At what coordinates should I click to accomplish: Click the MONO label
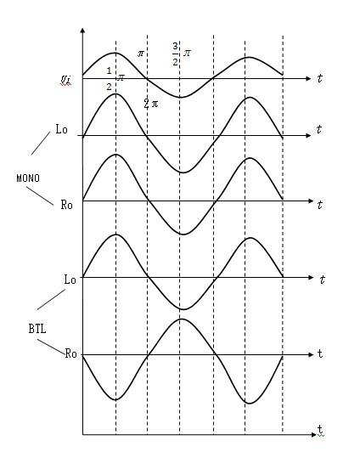coord(28,178)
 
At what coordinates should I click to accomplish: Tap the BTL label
coord(37,329)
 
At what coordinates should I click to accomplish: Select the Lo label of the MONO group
coord(62,129)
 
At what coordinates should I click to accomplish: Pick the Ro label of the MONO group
coord(67,205)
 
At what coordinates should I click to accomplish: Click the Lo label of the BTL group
coord(70,280)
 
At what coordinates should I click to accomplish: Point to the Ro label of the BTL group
coord(70,353)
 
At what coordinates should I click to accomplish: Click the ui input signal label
coord(65,80)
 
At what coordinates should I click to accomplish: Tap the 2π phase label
coord(151,104)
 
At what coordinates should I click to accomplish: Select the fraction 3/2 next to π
coord(175,54)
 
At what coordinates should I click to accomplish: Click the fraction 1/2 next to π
coord(110,79)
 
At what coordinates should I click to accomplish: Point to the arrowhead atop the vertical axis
coord(83,31)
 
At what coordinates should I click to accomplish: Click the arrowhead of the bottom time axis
coord(313,435)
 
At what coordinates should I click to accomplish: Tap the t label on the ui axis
coord(320,78)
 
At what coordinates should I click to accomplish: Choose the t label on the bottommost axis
coord(320,430)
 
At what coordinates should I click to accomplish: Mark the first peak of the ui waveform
coord(115,53)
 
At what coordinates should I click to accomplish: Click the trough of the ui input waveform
coord(180,97)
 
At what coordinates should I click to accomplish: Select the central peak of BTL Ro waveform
coord(182,319)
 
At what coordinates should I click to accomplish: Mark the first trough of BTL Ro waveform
coord(115,399)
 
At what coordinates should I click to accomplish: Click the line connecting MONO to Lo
coord(41,144)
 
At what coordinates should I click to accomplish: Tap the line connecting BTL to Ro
coord(51,347)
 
